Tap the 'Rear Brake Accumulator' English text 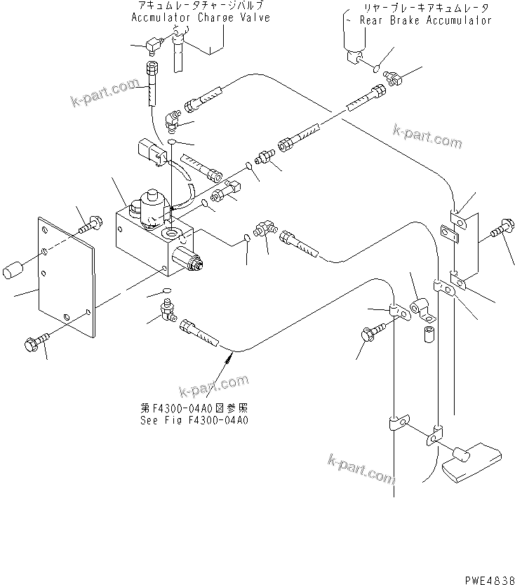(x=425, y=20)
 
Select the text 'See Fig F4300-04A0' (x=194, y=421)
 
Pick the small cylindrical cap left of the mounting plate (x=15, y=269)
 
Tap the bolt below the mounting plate (x=37, y=342)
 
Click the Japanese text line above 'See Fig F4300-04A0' (x=194, y=408)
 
